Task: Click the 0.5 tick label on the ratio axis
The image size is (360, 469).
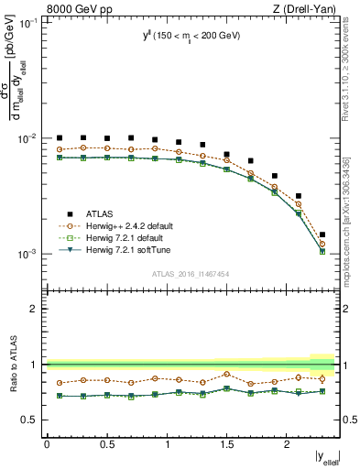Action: coord(30,420)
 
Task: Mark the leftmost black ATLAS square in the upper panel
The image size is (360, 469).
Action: coord(60,138)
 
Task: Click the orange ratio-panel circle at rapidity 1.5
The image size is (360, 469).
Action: coord(227,374)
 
